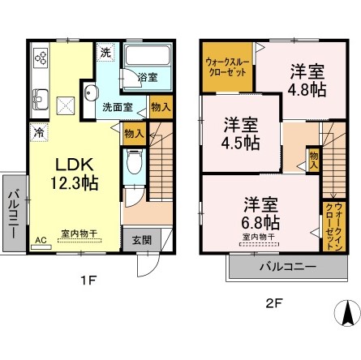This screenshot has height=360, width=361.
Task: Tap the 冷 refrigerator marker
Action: tap(38, 129)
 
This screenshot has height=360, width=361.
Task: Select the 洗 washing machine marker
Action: tap(106, 53)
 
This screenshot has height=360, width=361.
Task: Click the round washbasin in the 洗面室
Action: tap(92, 91)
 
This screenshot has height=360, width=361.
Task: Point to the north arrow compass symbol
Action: tap(345, 312)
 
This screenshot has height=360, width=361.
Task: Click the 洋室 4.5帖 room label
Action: tap(241, 133)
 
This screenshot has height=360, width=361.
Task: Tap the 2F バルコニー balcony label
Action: tap(279, 267)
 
